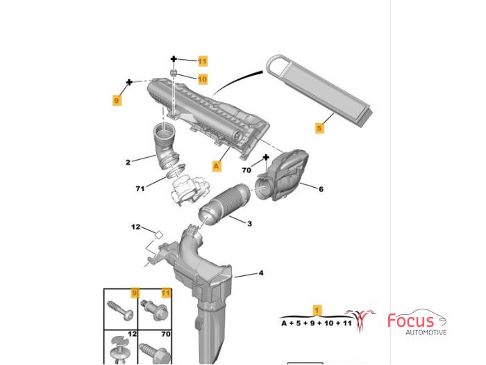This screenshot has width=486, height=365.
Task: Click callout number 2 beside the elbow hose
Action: click(128, 162)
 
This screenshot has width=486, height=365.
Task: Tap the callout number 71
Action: click(140, 188)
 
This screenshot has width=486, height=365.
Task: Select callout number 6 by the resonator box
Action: click(321, 188)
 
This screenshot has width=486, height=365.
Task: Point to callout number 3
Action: click(249, 223)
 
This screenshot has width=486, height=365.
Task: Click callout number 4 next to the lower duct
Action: click(261, 273)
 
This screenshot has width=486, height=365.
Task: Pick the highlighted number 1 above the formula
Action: click(317, 310)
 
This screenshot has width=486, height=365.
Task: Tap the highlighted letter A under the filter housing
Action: click(217, 165)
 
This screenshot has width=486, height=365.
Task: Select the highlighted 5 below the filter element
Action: click(319, 127)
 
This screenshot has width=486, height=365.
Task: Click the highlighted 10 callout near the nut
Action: click(203, 79)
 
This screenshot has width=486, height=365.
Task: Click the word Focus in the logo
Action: click(411, 321)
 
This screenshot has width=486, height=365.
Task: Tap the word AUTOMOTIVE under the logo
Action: click(426, 332)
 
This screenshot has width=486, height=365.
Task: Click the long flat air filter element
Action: click(319, 90)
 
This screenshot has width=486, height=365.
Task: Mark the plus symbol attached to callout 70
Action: click(266, 157)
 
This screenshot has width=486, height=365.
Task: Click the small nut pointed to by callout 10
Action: click(174, 73)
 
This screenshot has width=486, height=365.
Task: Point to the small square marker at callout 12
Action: click(158, 235)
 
